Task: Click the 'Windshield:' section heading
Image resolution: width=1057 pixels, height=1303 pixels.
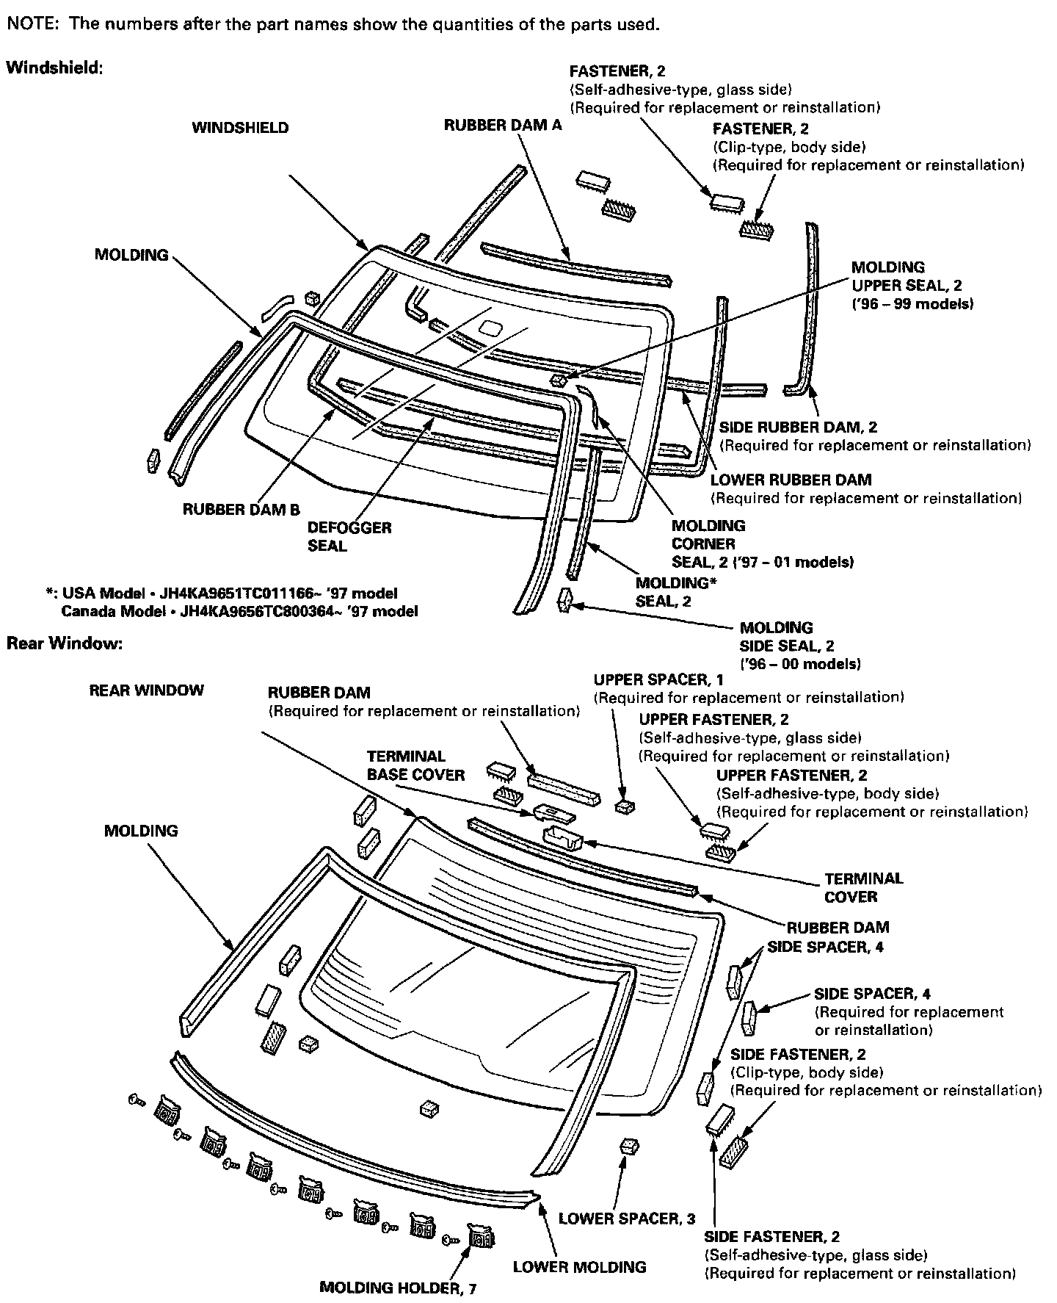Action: coord(54,68)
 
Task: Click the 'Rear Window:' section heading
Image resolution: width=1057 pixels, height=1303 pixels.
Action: coord(64,643)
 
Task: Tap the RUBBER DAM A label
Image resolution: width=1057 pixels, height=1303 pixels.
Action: coord(502,126)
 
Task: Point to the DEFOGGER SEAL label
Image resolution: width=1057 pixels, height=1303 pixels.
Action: coord(349,536)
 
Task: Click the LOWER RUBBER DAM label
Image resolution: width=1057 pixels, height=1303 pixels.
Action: coord(791,480)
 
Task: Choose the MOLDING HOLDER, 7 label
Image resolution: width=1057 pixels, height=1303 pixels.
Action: coord(398,1288)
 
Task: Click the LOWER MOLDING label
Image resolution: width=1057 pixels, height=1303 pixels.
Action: coord(579,1266)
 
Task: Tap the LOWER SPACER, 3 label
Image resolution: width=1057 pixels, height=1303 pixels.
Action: coord(626,1219)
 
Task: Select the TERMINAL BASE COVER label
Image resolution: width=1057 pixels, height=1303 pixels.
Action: coord(415,765)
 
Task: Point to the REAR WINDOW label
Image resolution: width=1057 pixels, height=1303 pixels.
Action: coord(146,690)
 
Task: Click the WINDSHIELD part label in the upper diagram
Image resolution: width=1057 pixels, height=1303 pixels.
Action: coord(240,128)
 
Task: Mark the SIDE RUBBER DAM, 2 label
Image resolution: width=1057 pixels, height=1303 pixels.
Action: coord(798,427)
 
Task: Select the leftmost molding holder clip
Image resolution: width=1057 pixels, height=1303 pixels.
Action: coord(164,1111)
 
